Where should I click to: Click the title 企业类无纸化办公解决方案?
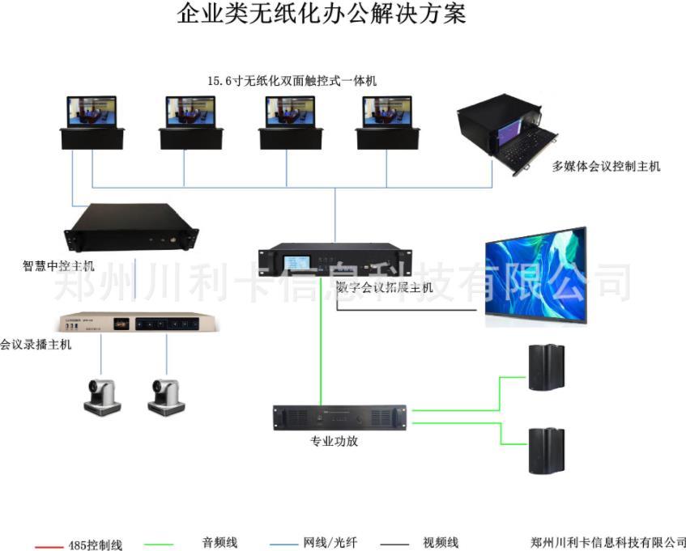[322, 14]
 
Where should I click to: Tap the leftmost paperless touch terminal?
[92, 123]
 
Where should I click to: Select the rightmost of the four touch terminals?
[386, 123]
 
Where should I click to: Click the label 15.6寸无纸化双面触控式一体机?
[292, 81]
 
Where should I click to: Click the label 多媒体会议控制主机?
[606, 167]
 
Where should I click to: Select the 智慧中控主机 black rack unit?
[132, 228]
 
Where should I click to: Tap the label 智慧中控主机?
[58, 265]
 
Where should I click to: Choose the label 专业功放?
[334, 442]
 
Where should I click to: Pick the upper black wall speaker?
[547, 368]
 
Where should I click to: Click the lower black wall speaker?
[547, 450]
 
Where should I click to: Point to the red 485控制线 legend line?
[49, 546]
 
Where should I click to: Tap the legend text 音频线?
[219, 543]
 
